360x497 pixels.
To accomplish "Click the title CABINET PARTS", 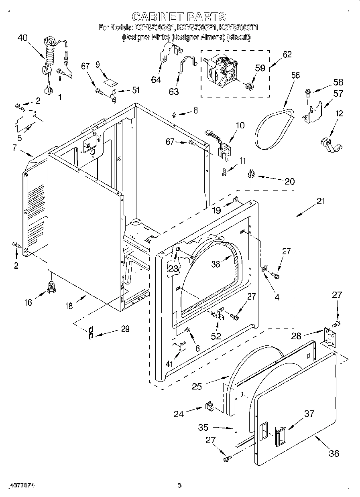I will coord(179,16).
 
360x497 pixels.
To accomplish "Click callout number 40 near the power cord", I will coord(23,39).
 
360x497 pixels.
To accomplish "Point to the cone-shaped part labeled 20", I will coord(252,173).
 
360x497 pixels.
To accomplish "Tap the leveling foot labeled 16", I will coord(51,287).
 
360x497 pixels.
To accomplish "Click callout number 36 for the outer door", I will coord(334,453).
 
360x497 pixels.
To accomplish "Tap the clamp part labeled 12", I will coord(329,144).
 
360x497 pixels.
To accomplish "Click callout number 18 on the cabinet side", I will coord(69,306).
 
